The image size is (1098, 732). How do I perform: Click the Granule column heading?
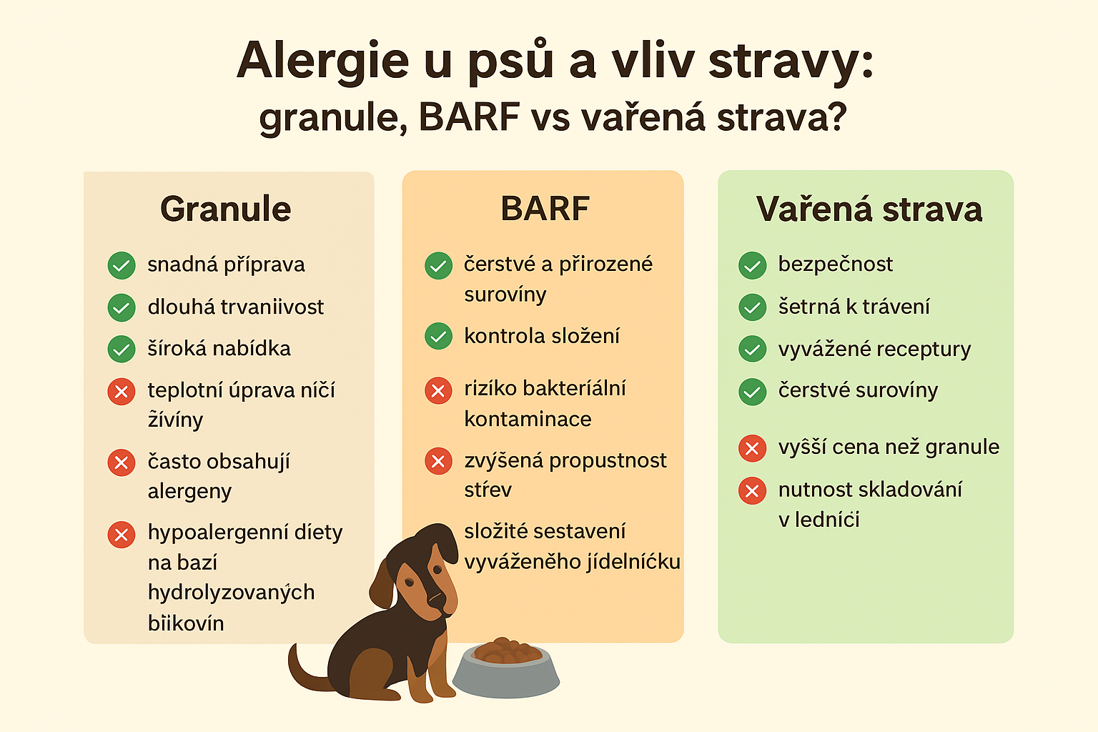click(x=225, y=209)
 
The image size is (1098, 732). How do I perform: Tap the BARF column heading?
click(x=545, y=208)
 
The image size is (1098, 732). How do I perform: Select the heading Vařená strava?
click(x=869, y=209)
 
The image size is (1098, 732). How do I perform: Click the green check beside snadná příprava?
click(x=122, y=266)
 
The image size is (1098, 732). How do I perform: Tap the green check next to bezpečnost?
click(x=753, y=266)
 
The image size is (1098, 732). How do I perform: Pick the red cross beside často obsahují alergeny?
click(x=122, y=463)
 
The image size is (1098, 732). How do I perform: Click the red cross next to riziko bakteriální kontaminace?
click(x=438, y=391)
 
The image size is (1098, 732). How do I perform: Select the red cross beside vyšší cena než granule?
click(x=753, y=448)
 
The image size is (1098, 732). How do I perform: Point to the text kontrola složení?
click(x=542, y=337)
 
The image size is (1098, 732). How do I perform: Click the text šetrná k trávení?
click(x=854, y=307)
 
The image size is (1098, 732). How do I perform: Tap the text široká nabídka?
click(x=219, y=349)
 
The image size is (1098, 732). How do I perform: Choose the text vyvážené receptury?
click(x=874, y=350)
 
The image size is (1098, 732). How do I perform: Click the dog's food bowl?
click(x=506, y=668)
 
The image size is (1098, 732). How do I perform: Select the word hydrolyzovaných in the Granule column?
click(x=232, y=593)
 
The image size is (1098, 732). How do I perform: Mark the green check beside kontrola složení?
click(x=438, y=337)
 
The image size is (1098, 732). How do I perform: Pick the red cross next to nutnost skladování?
click(x=753, y=491)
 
